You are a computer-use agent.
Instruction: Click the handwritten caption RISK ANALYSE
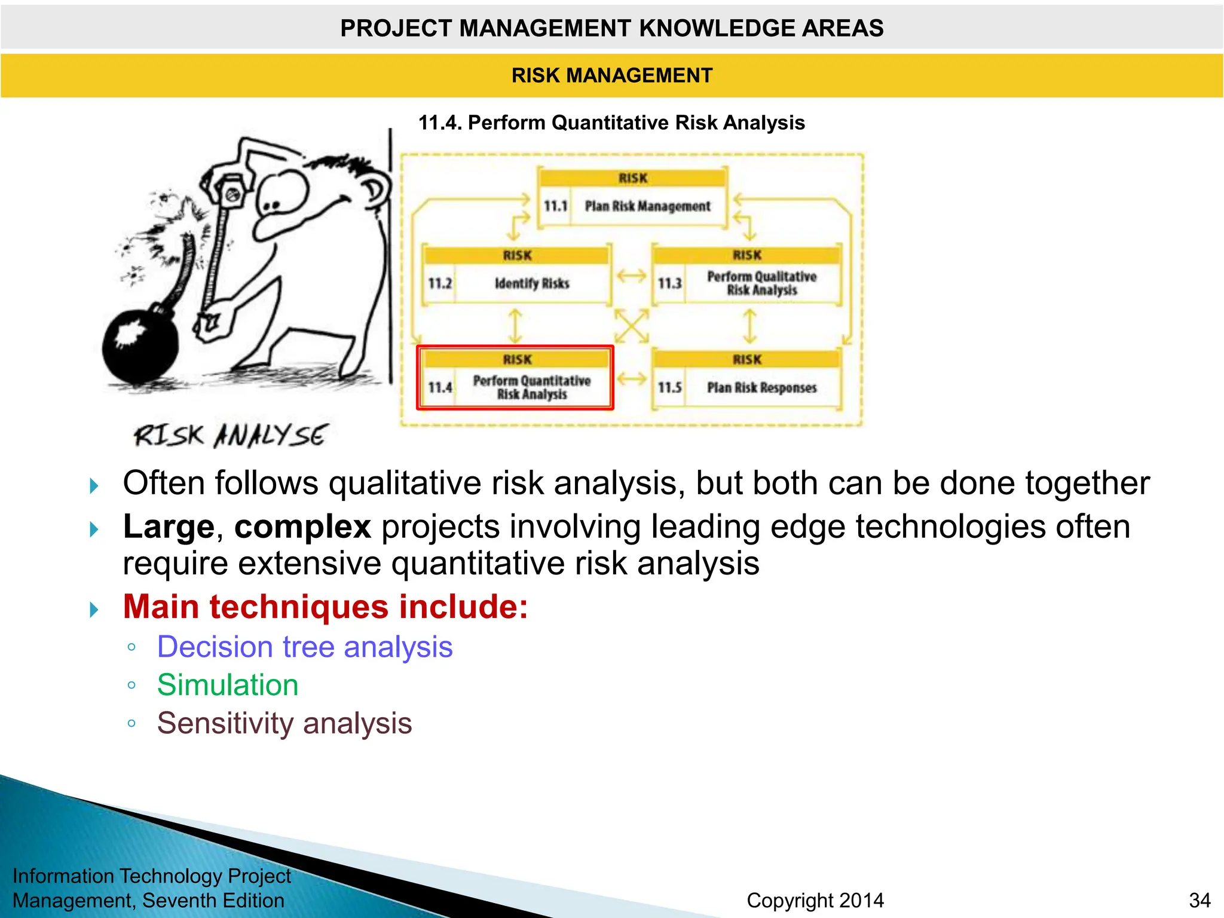tap(231, 436)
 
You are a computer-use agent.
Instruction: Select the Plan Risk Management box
tap(632, 200)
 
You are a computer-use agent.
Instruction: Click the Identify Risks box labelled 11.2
tap(517, 276)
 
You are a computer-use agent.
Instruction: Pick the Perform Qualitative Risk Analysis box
tap(747, 276)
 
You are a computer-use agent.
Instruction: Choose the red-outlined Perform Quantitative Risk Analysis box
tap(516, 379)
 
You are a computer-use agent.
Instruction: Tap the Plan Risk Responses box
tap(747, 380)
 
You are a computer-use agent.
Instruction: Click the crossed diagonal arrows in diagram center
tap(632, 326)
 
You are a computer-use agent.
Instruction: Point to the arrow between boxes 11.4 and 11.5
tap(632, 378)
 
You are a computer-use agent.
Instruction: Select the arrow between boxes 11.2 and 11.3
tap(632, 276)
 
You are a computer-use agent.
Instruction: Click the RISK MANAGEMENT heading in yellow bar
tap(612, 76)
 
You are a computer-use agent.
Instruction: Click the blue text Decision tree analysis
tap(305, 647)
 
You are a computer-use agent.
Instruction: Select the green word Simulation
tap(228, 685)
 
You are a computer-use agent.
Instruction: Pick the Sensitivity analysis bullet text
tap(284, 723)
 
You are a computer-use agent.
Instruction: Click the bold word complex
tap(302, 527)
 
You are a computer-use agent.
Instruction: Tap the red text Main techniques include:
tap(326, 607)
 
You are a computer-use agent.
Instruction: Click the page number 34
tap(1199, 900)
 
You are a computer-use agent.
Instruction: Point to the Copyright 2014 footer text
tap(815, 900)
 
